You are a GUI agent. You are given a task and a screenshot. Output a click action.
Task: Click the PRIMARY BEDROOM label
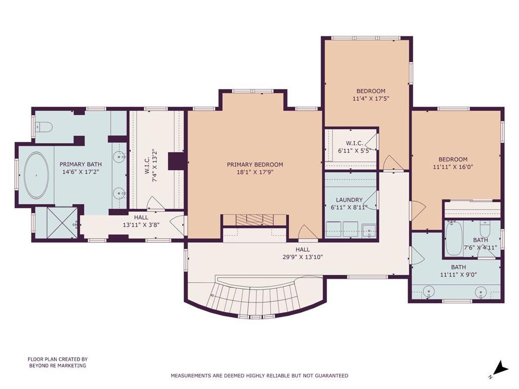tap(254, 165)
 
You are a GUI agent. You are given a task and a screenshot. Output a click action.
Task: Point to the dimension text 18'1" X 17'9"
tap(254, 173)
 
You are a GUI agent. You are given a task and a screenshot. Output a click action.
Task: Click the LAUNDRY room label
tap(349, 200)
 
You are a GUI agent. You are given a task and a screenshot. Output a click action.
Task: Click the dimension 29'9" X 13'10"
tap(303, 257)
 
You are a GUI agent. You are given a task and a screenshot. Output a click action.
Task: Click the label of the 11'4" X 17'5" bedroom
tap(370, 91)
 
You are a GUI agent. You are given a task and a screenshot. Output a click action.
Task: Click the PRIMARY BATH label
tap(81, 164)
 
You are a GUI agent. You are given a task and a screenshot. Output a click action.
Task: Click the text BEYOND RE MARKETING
tap(57, 365)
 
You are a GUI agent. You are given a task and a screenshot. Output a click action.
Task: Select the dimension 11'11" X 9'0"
tap(458, 275)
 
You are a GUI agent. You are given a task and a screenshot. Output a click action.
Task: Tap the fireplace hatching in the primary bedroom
tap(255, 219)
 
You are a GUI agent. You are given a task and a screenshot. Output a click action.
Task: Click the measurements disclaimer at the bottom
tap(259, 376)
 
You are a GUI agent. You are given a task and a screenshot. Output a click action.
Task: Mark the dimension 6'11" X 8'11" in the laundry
tap(349, 208)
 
